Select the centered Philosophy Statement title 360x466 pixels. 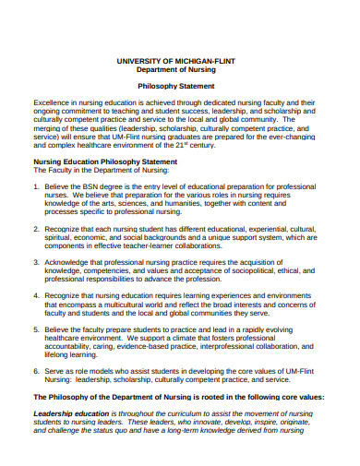click(x=180, y=83)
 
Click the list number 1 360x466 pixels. click(x=36, y=185)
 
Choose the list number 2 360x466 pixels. click(x=36, y=227)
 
